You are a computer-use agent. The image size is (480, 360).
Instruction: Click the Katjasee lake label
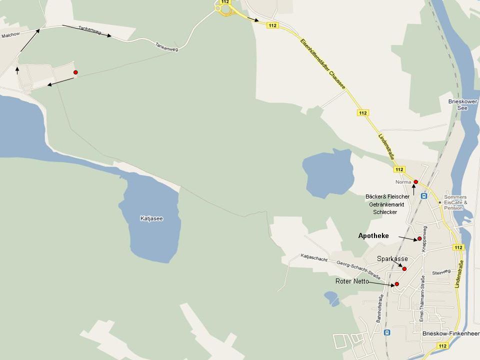(x=151, y=218)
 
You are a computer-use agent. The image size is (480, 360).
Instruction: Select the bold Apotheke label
(x=373, y=235)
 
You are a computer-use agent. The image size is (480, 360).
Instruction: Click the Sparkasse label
(x=392, y=259)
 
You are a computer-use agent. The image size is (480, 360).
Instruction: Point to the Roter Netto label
(x=352, y=281)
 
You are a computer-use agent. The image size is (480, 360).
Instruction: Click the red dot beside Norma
(x=415, y=182)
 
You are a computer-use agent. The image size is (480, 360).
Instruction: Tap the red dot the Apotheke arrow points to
(x=419, y=239)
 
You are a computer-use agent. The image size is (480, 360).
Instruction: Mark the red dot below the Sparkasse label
(x=404, y=269)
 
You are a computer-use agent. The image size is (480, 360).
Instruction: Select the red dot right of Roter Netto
(x=397, y=284)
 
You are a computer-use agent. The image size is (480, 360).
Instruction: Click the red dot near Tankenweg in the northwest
(x=75, y=72)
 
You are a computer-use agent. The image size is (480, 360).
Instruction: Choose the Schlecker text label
(x=385, y=212)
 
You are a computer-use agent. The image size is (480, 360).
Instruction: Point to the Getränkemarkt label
(x=386, y=204)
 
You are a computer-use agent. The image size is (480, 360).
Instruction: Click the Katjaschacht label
(x=314, y=257)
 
